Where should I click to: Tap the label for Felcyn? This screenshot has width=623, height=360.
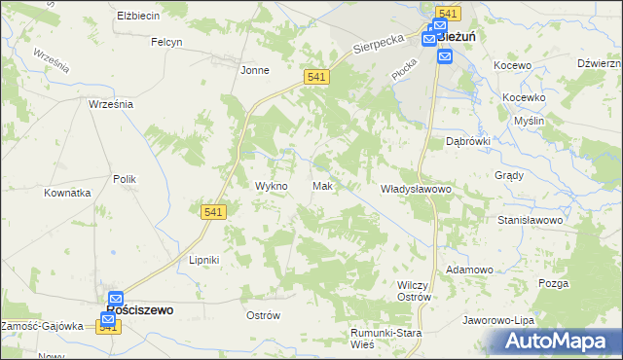167,42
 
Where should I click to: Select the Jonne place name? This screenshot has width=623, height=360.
255,70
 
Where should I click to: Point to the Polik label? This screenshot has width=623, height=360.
125,179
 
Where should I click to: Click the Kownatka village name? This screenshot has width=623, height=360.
67,193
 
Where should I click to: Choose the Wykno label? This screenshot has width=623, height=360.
271,186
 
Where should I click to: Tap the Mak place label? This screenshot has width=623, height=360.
323,186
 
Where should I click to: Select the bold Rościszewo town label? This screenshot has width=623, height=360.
139,310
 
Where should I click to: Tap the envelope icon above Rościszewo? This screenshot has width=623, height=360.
115,298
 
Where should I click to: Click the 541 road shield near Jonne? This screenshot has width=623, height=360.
314,77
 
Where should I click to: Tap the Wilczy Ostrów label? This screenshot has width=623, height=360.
415,290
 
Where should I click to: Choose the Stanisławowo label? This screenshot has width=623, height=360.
531,221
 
